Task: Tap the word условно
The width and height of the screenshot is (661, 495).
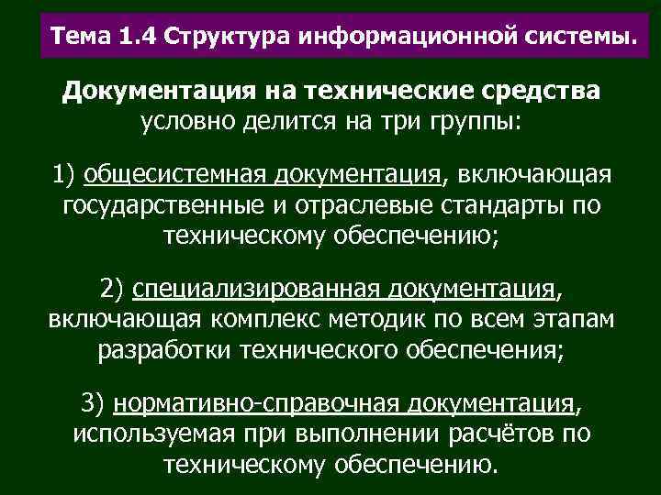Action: [182, 121]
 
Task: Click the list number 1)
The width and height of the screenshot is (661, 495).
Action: [66, 175]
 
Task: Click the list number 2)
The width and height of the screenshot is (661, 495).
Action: [113, 291]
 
